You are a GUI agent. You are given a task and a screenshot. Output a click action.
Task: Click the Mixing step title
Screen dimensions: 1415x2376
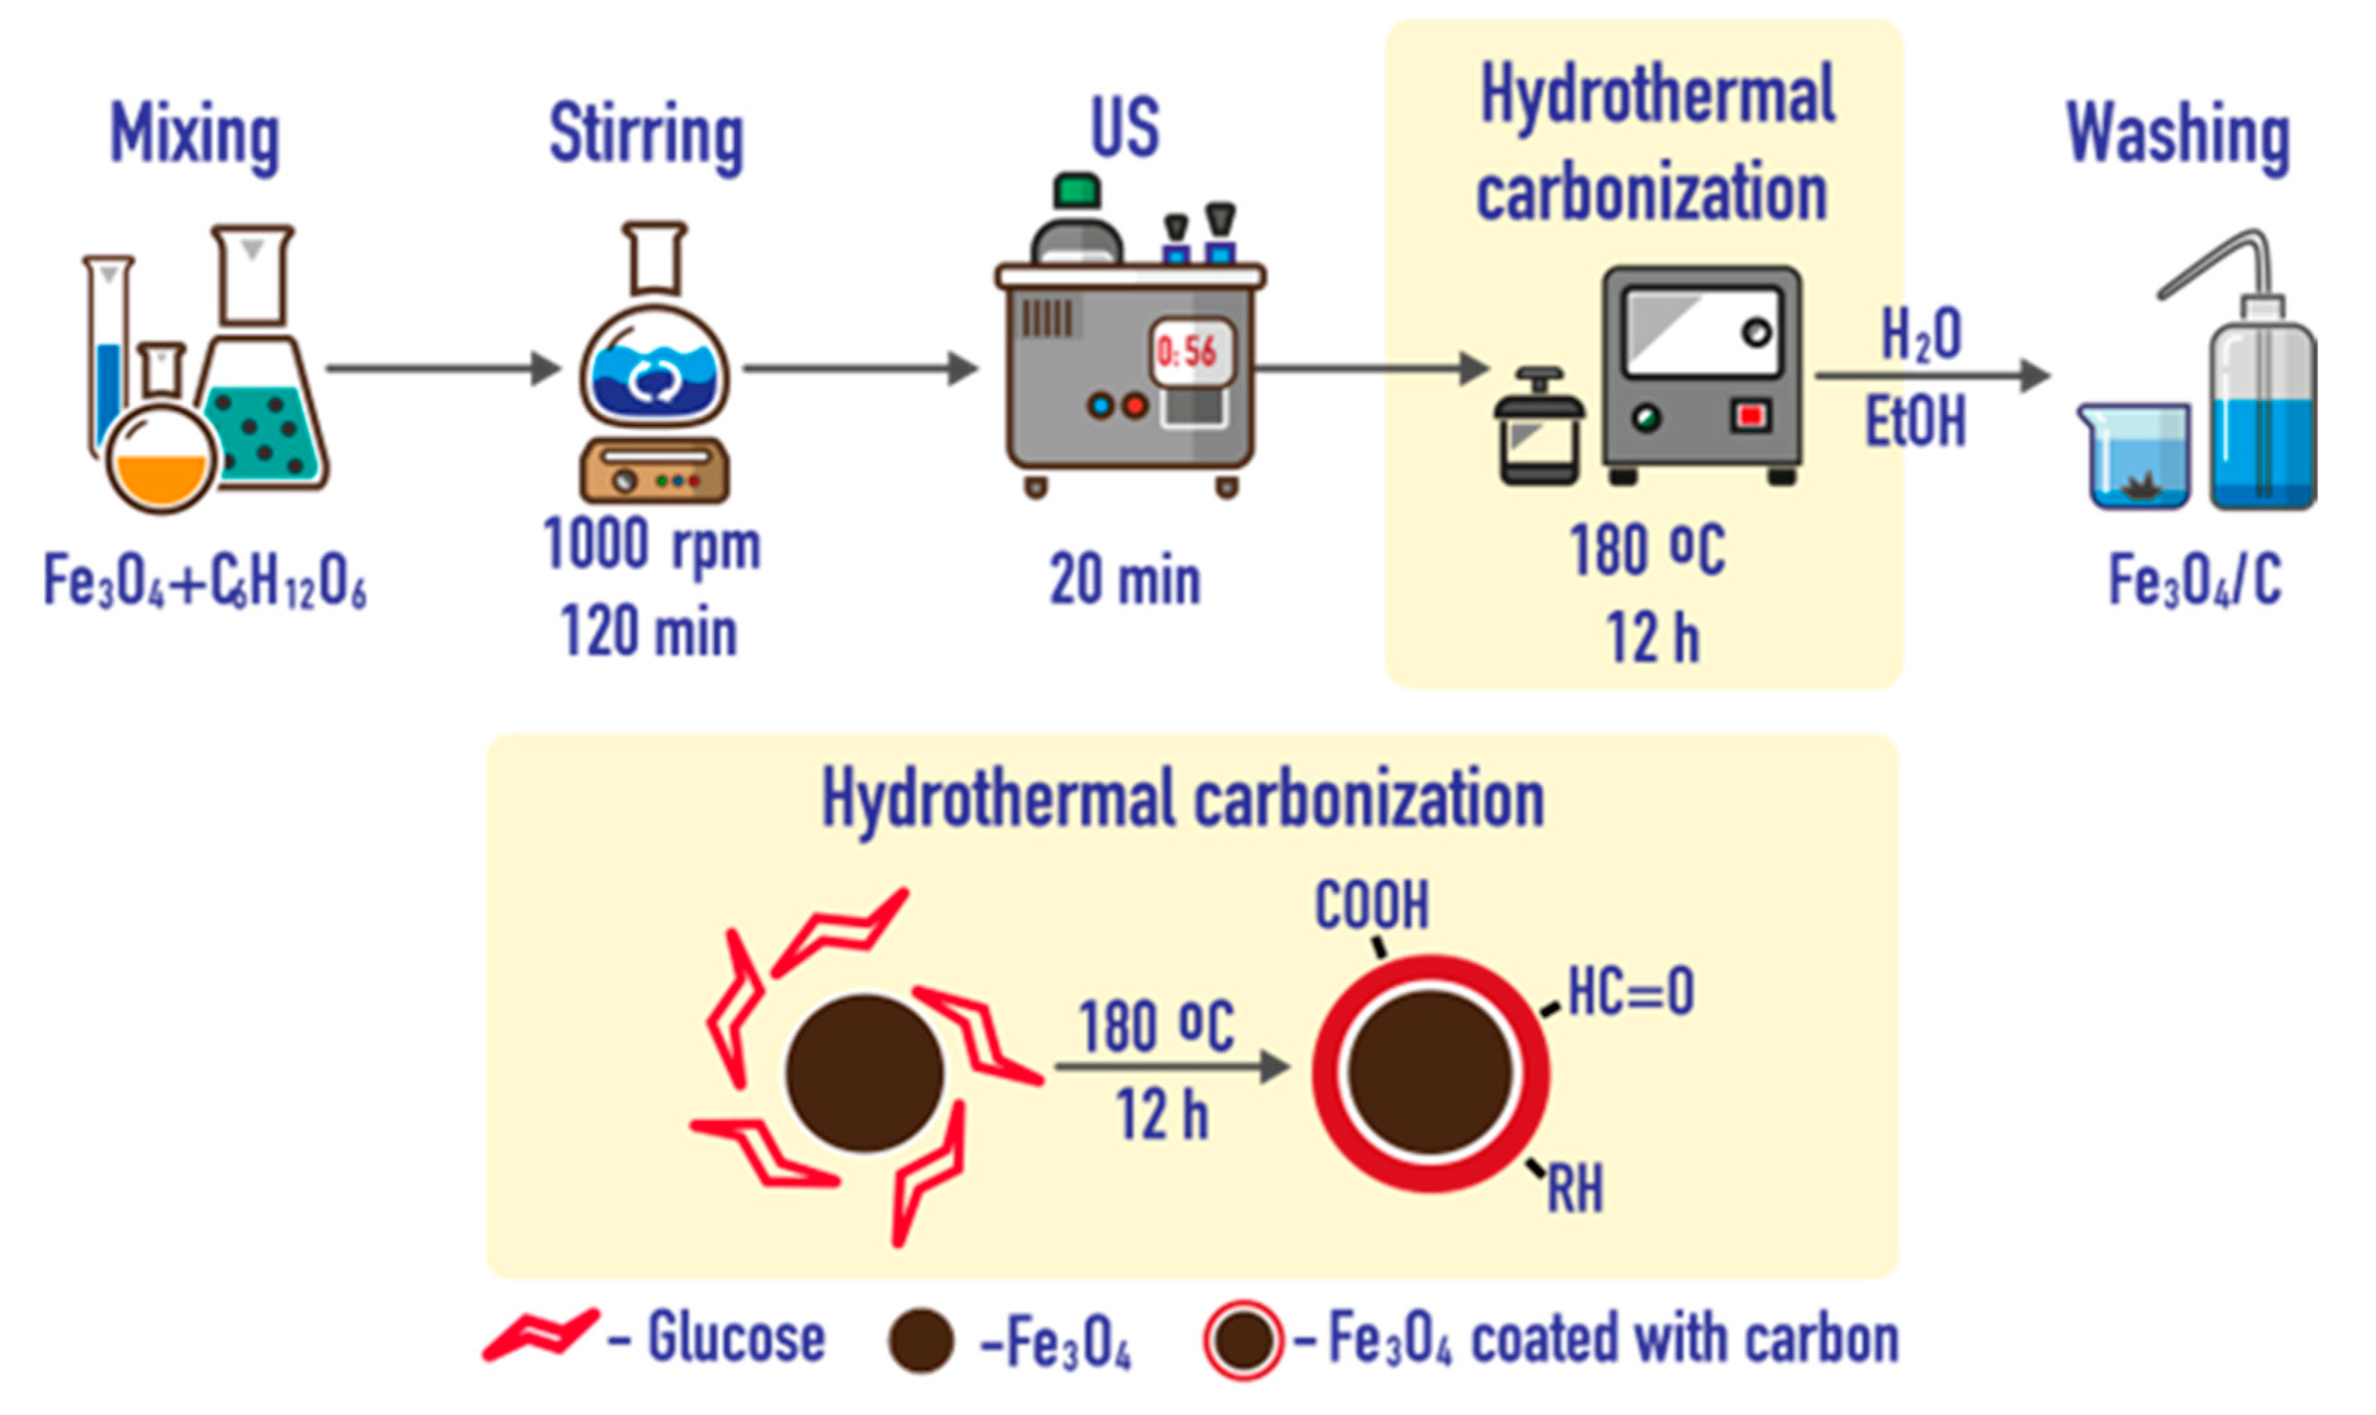195,135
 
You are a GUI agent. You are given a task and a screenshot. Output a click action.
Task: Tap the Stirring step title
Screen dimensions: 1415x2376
646,135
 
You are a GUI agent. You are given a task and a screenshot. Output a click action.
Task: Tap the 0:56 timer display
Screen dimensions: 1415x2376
1188,353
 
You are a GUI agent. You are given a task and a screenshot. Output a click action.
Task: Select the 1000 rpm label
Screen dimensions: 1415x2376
651,545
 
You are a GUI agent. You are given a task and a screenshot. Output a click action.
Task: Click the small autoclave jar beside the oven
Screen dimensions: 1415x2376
1538,429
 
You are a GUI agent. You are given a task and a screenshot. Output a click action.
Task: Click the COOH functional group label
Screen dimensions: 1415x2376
1372,905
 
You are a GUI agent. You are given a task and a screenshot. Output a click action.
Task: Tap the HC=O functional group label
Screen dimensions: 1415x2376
1630,991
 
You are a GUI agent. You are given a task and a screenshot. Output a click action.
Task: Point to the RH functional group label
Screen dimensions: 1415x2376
1575,1189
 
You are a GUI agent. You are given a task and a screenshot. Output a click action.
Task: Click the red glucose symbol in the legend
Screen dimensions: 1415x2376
541,1334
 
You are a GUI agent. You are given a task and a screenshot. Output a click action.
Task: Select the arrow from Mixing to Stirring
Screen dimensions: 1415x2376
443,368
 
